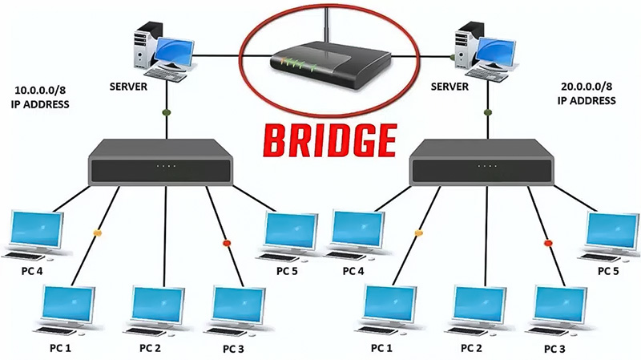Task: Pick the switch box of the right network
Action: pos(480,164)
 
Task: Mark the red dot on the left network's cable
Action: pos(226,242)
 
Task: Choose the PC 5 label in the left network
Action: pos(286,269)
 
